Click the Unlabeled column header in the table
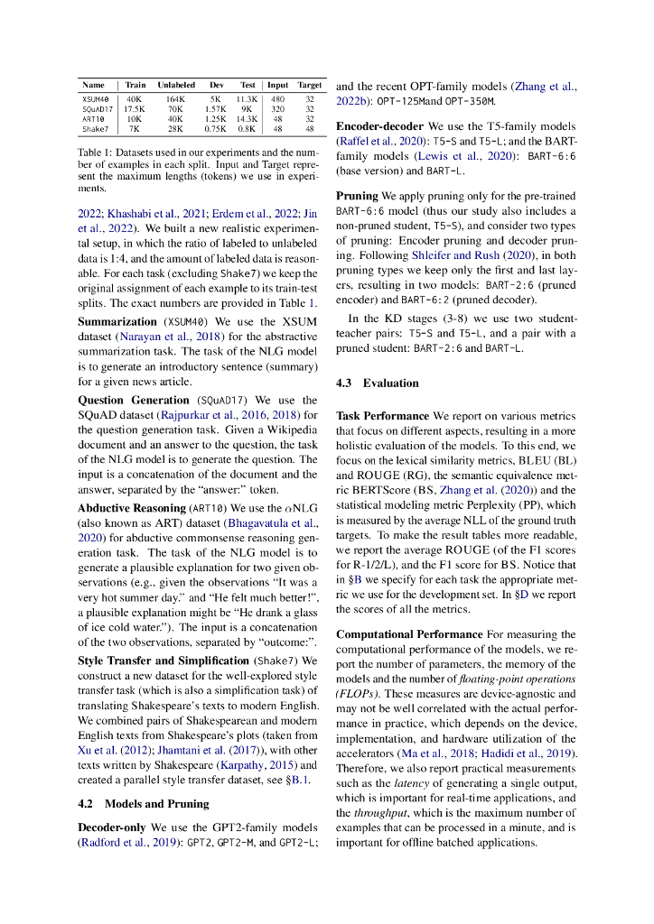(x=176, y=85)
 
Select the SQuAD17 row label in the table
(x=95, y=108)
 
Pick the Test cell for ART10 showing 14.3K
(x=247, y=118)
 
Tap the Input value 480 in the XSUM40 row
(x=277, y=98)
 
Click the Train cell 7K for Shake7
(x=135, y=128)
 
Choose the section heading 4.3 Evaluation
(x=377, y=383)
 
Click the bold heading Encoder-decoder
(x=380, y=126)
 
